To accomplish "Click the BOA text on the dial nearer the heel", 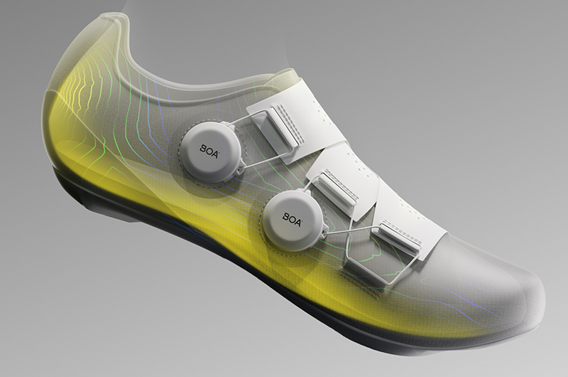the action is [209, 152].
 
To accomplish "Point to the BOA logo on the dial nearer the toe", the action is [293, 220].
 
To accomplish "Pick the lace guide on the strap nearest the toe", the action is [398, 237].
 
